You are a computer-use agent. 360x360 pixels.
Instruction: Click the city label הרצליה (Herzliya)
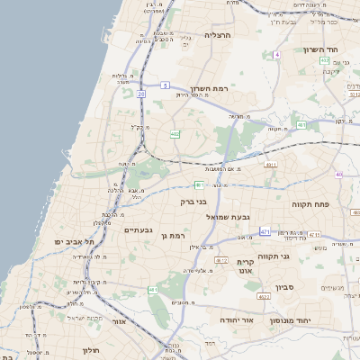pos(218,35)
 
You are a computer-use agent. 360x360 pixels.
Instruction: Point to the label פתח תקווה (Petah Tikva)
pos(311,204)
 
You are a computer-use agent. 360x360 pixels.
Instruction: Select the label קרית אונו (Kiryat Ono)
pos(247,267)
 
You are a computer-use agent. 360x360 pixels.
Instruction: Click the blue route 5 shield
pos(166,85)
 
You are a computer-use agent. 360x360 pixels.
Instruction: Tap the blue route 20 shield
pos(142,93)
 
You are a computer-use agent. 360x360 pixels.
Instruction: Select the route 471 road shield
pos(265,232)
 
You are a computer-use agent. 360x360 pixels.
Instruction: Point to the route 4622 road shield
pos(264,296)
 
